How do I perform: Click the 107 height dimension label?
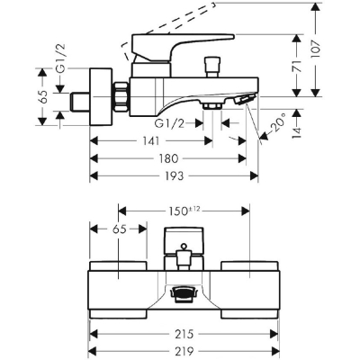click(x=316, y=50)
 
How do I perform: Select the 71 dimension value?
click(x=297, y=66)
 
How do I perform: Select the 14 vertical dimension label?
click(x=297, y=131)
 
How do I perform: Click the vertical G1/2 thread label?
click(x=61, y=58)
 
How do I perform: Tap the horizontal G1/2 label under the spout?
click(x=169, y=123)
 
